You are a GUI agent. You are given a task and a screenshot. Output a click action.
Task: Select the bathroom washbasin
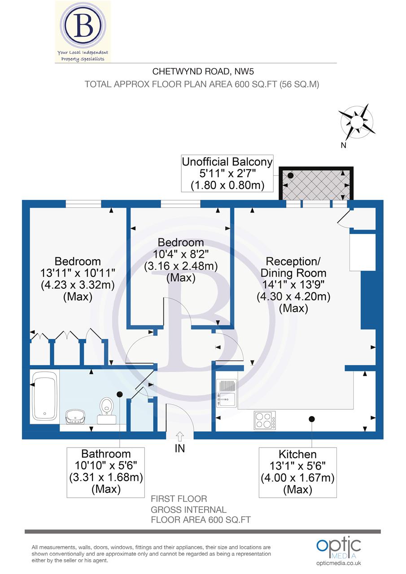tap(76, 417)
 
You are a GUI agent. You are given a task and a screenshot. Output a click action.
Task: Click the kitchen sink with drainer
tap(227, 393)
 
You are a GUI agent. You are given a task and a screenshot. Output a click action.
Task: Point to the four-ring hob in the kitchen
tap(265, 420)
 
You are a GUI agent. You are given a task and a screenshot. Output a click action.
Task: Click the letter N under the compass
tap(343, 145)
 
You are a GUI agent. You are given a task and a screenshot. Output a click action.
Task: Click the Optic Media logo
tap(339, 547)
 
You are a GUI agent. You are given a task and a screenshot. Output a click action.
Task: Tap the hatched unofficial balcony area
tap(316, 184)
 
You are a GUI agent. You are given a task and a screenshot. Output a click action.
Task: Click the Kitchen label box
tap(297, 471)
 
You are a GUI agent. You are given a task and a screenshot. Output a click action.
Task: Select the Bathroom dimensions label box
tap(106, 471)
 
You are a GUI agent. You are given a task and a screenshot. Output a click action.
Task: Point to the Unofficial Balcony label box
tap(227, 173)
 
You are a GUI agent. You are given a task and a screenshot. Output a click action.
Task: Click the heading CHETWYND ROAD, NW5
tap(200, 71)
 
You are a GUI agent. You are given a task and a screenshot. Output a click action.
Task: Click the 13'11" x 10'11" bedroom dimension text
tap(78, 273)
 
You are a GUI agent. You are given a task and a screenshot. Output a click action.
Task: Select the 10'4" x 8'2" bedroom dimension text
tap(181, 254)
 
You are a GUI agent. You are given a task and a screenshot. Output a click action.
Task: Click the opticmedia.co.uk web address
tap(339, 563)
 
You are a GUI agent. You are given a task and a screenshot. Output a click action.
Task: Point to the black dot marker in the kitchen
tap(311, 419)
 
